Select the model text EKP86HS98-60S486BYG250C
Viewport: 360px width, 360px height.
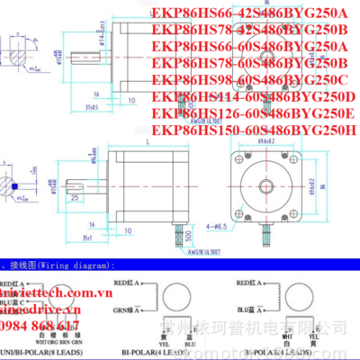pyautogui.click(x=255, y=79)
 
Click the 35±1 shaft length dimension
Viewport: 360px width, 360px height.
pyautogui.click(x=88, y=238)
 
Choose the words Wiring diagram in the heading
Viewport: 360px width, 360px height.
pyautogui.click(x=81, y=266)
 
